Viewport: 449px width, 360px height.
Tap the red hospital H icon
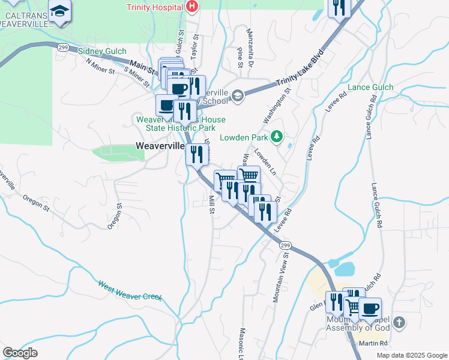coord(191,7)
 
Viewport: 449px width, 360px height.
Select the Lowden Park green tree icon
coord(276,137)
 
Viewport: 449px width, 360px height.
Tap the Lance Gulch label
coord(370,88)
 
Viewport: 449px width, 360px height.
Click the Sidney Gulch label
coord(102,52)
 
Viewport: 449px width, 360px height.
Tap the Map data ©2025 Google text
coord(411,355)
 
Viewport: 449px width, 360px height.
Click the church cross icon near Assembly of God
coord(400,324)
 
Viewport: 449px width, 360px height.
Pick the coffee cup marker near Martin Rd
coord(370,308)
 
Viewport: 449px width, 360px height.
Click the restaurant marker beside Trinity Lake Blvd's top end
coord(340,7)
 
